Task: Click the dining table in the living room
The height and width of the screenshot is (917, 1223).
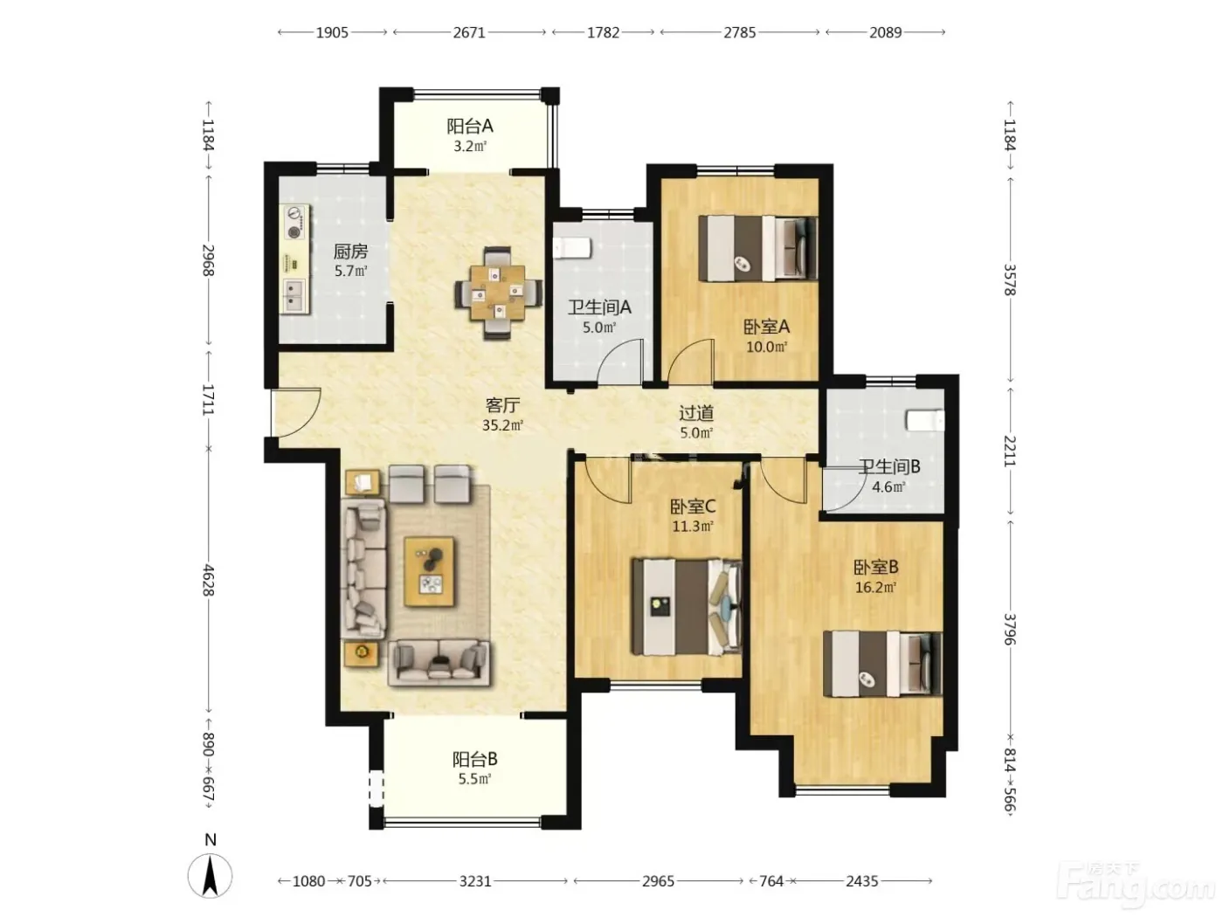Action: coord(498,293)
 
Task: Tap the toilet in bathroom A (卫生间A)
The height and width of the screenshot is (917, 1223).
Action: coord(571,248)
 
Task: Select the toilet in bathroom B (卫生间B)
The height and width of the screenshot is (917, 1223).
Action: coord(925,420)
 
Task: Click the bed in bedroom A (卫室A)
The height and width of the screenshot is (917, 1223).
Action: coord(757,248)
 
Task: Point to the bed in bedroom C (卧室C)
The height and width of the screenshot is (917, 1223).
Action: coord(687,607)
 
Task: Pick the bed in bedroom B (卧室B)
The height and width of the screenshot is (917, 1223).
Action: coord(882,664)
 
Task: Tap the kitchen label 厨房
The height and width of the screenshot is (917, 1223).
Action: coord(350,252)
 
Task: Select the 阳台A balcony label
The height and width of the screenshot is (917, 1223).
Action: coord(470,127)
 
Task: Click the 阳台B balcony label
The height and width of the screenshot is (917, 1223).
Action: coord(474,759)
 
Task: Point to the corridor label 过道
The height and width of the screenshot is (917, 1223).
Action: coord(696,412)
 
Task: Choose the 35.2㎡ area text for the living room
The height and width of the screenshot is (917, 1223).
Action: coord(502,426)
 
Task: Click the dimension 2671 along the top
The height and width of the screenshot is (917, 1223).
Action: coord(469,32)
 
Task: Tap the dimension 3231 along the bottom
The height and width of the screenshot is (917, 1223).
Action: coord(475,881)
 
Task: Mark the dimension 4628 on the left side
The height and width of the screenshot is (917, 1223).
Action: coord(209,580)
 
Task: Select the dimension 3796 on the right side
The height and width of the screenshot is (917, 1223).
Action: coord(1010,629)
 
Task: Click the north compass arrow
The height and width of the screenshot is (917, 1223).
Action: coord(210,876)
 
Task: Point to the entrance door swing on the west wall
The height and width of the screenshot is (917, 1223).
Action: coord(295,412)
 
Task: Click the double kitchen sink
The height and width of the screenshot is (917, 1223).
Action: coord(294,295)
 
